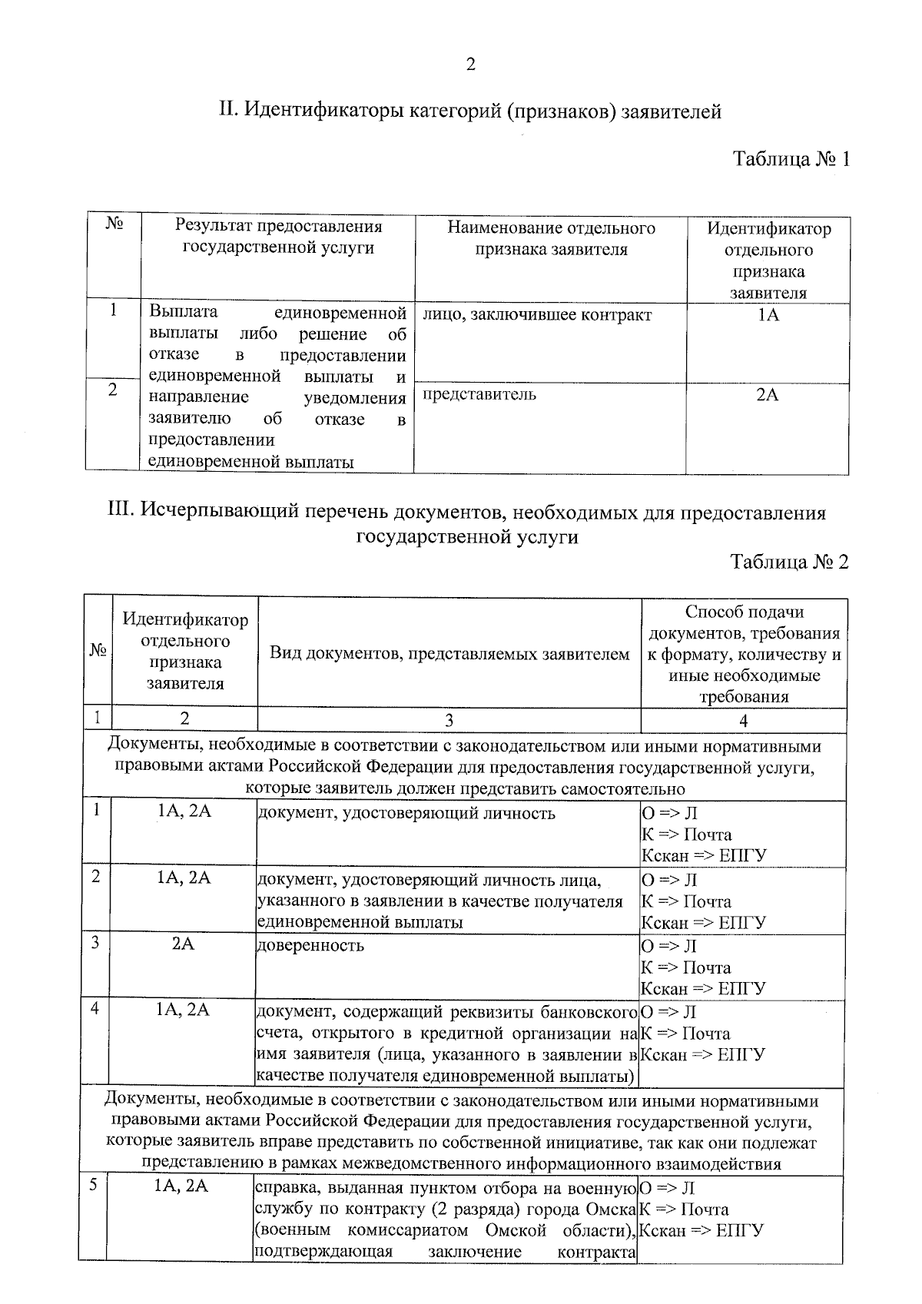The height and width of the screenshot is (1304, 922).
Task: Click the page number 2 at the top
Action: click(x=470, y=65)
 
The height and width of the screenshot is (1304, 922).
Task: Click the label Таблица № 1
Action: click(x=791, y=160)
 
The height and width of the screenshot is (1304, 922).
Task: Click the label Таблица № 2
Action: click(x=790, y=562)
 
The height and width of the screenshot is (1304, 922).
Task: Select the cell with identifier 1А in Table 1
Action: click(x=768, y=315)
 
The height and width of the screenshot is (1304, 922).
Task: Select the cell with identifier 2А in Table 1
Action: click(x=768, y=395)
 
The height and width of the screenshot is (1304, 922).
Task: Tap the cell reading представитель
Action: click(x=479, y=395)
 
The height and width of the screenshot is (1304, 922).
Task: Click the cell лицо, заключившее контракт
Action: click(x=537, y=315)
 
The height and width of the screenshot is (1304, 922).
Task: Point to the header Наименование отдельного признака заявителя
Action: click(x=551, y=238)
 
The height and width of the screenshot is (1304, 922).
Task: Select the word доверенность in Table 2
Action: click(x=310, y=945)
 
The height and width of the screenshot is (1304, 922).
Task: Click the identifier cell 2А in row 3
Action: click(x=184, y=944)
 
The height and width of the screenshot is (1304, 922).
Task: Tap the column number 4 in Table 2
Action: click(x=743, y=720)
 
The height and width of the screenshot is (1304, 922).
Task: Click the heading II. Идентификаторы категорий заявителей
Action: click(x=470, y=111)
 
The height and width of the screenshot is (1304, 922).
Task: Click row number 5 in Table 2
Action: click(x=92, y=1186)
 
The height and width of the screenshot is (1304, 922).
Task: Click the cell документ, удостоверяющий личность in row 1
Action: click(x=406, y=813)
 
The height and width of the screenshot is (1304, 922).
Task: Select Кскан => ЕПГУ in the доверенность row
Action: click(x=703, y=988)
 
